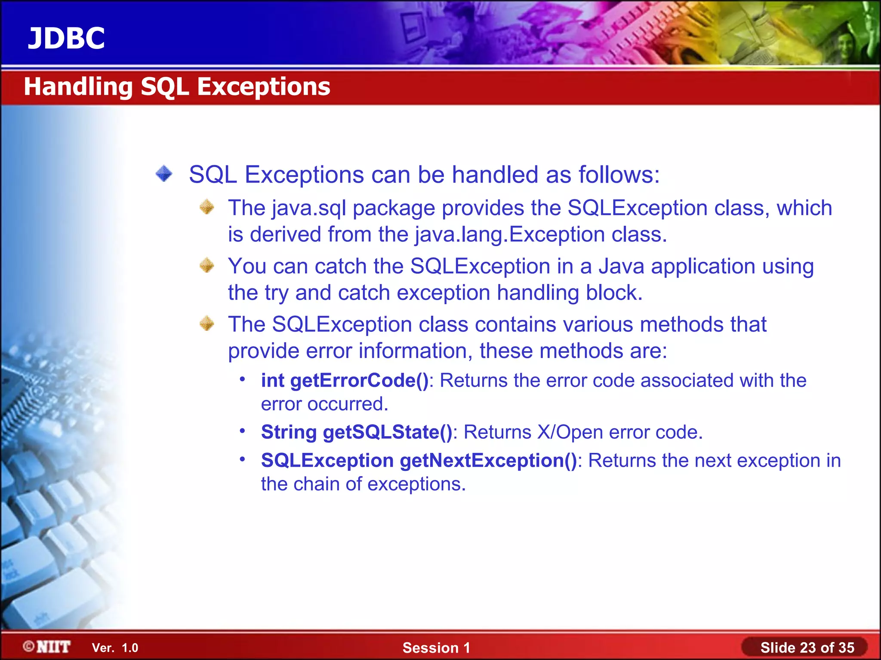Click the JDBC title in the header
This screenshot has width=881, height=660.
(66, 38)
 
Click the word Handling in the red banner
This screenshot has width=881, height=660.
(78, 87)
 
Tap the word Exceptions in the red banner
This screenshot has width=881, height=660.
(263, 87)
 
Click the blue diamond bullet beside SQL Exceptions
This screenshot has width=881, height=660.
(164, 174)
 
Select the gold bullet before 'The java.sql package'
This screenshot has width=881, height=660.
(207, 207)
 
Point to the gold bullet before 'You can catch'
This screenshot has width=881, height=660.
(207, 266)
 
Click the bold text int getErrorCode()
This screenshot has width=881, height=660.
(345, 381)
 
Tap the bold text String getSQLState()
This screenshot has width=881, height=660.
(357, 432)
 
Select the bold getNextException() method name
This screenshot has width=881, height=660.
(488, 461)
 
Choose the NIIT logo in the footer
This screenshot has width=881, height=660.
(47, 647)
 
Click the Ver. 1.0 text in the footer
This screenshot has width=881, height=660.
(115, 648)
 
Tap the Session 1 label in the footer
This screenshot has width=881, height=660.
(436, 648)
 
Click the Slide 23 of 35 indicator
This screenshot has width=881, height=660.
(807, 648)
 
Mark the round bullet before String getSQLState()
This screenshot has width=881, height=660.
(243, 431)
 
